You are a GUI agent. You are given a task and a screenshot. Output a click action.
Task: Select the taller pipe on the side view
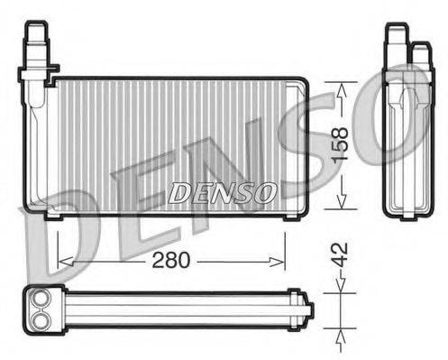click(x=394, y=41)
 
